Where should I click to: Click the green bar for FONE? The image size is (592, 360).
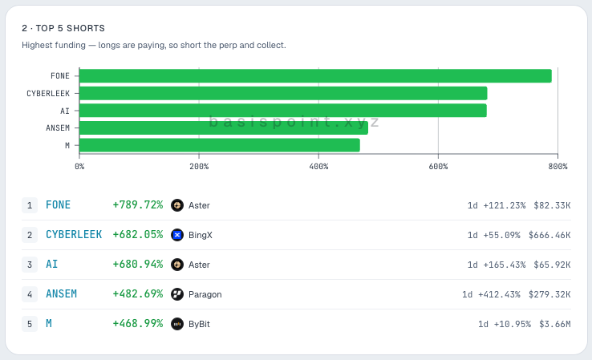315,76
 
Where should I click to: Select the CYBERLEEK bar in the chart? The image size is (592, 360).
283,93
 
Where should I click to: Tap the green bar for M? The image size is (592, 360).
219,145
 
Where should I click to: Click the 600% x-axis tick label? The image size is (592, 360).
438,167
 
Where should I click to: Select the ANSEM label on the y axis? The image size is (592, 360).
58,128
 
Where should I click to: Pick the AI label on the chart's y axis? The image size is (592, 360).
65,111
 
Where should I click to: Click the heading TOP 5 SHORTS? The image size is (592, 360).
71,28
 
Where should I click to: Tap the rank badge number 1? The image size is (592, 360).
30,205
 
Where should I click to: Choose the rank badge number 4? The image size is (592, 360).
30,294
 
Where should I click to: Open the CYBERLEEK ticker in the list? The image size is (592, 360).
74,235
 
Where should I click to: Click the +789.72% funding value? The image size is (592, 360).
138,205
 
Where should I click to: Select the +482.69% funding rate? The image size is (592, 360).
138,294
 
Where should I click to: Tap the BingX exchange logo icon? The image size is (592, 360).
177,235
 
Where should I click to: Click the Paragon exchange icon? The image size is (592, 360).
177,294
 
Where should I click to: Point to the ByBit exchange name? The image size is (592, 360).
199,324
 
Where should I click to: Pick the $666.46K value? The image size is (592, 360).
549,235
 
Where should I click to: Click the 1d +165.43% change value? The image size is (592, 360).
497,265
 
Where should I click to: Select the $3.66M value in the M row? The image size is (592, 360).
554,324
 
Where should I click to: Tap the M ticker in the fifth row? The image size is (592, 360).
49,324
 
